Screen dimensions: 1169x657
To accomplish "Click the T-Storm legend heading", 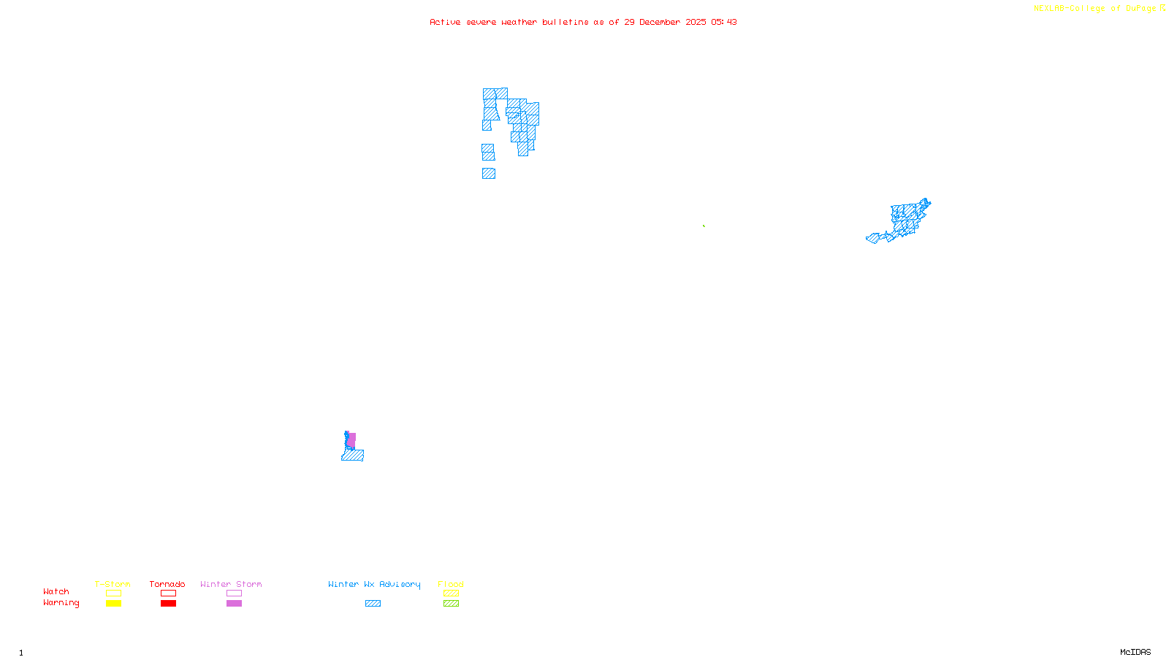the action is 113,584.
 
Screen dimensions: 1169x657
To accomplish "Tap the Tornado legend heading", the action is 167,584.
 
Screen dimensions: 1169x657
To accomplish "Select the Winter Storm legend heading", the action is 231,584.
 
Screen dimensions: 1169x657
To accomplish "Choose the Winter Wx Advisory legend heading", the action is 374,584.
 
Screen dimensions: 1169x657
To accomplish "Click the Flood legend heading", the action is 451,584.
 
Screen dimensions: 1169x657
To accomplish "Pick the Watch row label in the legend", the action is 56,591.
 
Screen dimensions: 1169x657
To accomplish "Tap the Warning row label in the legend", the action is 61,603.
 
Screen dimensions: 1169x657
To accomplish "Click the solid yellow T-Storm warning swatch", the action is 113,604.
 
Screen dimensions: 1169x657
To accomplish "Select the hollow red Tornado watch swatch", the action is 168,593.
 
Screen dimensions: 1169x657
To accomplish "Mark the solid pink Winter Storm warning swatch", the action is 234,604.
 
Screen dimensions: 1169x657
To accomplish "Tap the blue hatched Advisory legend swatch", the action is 373,604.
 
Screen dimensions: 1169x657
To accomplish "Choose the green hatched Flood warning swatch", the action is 451,604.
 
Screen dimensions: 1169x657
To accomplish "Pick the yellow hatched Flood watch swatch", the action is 451,593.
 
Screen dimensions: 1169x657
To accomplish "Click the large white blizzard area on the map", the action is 503,146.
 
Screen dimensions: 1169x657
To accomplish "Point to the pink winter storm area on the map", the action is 352,439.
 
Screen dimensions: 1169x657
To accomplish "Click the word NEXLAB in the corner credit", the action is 1048,8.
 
